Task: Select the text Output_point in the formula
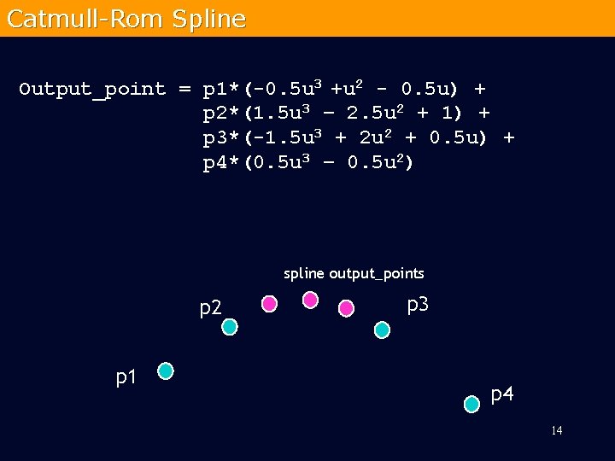[92, 90]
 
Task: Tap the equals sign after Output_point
[184, 89]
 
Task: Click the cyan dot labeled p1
[166, 371]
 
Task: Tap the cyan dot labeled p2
[229, 326]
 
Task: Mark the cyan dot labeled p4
[471, 404]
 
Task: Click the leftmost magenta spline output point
[269, 303]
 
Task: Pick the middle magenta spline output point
[311, 300]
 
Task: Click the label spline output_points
[354, 274]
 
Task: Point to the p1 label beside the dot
[127, 376]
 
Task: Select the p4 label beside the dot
[503, 394]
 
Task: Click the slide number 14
[556, 430]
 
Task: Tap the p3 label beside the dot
[418, 304]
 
